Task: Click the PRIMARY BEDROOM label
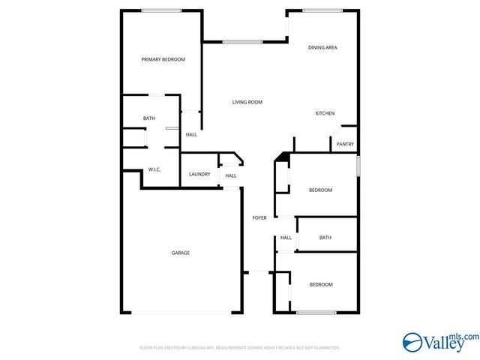163,59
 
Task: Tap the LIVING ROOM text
247,102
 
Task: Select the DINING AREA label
322,48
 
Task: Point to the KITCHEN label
325,113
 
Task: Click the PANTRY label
345,144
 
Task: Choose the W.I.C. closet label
154,169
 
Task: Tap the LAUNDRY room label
199,174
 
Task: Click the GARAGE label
180,253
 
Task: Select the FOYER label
259,217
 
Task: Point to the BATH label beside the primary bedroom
149,118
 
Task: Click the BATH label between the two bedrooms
325,238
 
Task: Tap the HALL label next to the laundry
231,176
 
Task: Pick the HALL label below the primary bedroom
191,134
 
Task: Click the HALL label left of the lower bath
286,238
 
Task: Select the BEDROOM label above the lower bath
320,190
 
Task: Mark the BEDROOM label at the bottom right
321,284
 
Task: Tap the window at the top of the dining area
322,10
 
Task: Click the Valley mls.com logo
439,343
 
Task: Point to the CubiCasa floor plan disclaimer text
240,348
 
